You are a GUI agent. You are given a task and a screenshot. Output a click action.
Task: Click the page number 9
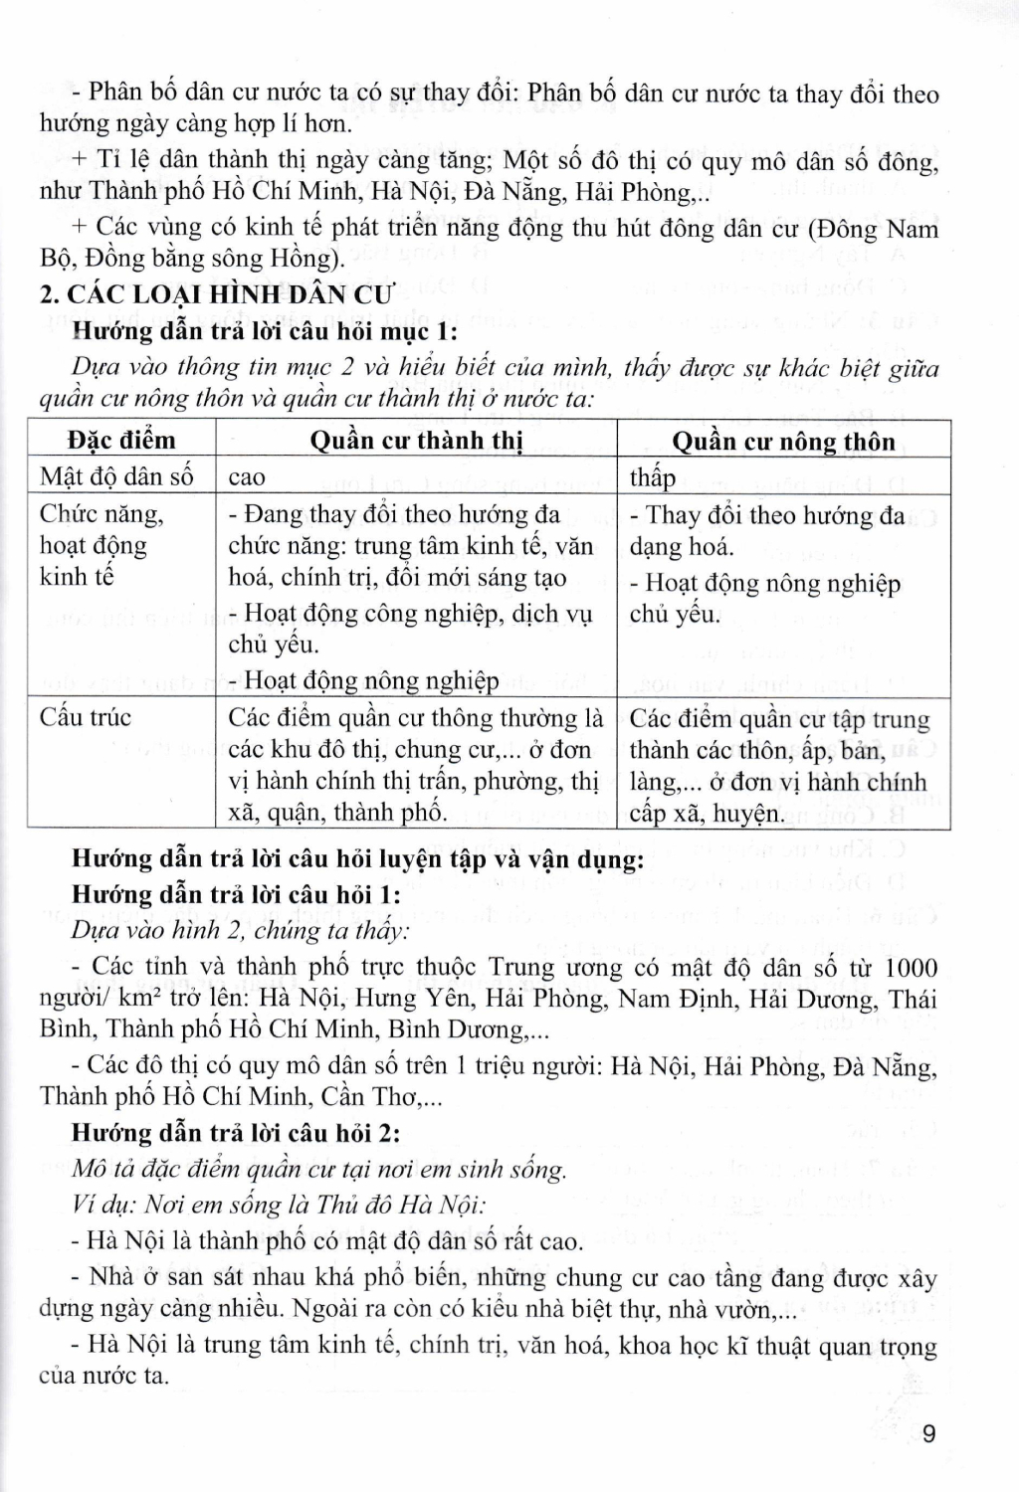coord(928,1433)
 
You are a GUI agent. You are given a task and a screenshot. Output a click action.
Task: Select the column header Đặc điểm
coord(121,441)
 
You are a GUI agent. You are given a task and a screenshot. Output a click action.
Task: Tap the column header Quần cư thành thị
coord(416,441)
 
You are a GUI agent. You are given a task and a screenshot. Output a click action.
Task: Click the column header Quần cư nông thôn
coord(783,441)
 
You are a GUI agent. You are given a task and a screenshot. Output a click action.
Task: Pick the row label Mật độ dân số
coord(116,476)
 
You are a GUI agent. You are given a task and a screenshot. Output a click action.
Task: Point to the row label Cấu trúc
coord(86,717)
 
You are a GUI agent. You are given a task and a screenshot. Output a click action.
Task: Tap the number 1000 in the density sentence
coord(910,967)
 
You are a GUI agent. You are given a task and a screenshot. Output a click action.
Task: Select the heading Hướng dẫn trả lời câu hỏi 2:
coord(236,1133)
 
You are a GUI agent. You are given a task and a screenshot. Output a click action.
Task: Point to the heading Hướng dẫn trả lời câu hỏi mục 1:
coord(266,330)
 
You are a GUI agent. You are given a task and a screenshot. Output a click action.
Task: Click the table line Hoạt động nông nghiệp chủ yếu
coord(764,598)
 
